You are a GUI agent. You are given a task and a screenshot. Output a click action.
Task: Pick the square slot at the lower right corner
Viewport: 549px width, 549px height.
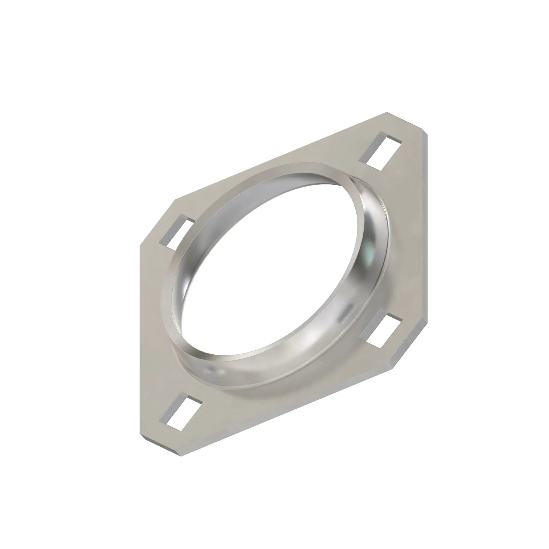(381, 330)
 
